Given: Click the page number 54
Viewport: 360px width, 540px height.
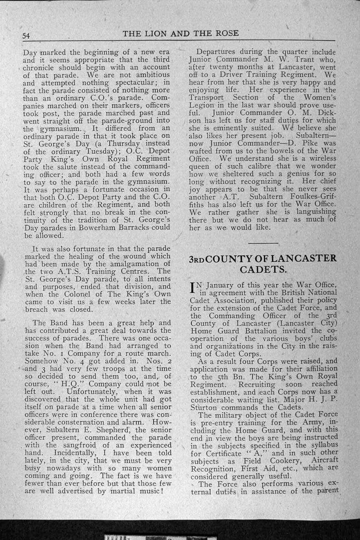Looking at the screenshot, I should [x=26, y=36].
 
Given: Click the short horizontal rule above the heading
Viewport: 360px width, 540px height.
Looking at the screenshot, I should [x=263, y=243].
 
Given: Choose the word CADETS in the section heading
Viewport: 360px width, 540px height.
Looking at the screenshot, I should [x=263, y=269].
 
